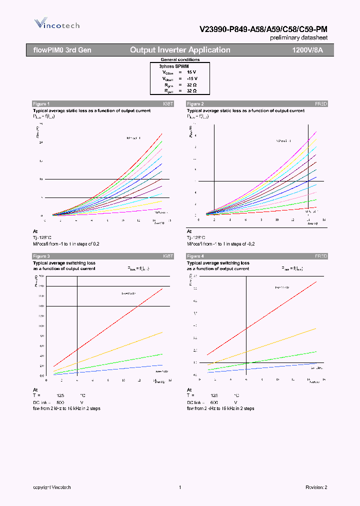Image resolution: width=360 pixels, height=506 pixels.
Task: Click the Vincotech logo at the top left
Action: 56,23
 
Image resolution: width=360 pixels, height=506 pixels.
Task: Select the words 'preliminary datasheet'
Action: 299,38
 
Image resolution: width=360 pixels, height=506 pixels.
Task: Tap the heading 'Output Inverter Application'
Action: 180,50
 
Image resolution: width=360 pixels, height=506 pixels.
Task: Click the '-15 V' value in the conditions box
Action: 192,78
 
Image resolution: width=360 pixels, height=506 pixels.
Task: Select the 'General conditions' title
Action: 180,59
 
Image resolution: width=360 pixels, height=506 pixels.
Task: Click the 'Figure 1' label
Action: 41,103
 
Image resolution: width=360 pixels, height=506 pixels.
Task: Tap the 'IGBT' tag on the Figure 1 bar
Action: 168,103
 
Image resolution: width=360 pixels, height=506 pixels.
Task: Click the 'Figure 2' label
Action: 195,103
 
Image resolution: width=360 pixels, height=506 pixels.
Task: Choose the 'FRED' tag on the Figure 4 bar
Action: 321,256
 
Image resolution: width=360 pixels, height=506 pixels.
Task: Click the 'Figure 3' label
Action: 41,256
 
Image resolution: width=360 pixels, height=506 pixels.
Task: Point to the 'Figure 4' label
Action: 195,256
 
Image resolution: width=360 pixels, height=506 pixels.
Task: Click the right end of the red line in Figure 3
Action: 162,288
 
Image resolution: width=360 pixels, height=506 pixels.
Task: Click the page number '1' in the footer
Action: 179,487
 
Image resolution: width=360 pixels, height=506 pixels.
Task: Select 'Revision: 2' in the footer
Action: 316,487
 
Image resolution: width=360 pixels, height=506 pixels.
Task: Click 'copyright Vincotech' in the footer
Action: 52,487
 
